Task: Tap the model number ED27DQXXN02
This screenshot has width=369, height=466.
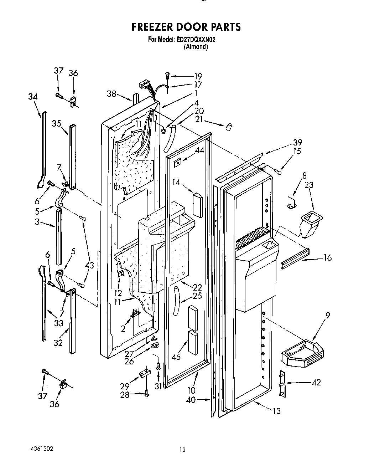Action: tap(196, 40)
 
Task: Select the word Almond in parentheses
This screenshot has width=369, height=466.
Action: tap(196, 47)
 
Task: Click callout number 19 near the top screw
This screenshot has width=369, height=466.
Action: tap(198, 76)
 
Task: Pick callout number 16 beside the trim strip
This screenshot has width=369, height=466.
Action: tap(327, 257)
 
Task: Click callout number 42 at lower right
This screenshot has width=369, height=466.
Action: tap(316, 382)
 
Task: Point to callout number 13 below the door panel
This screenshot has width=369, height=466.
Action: tap(276, 411)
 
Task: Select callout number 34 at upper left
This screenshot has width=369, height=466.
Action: tap(33, 97)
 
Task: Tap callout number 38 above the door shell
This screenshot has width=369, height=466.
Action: tap(111, 94)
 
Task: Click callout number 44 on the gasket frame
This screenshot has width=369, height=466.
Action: tap(199, 151)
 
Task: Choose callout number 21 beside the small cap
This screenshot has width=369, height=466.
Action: tap(199, 119)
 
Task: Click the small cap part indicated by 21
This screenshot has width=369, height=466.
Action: tap(230, 126)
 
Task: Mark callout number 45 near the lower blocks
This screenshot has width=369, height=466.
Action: tap(176, 356)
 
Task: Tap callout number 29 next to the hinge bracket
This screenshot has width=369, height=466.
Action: tap(124, 386)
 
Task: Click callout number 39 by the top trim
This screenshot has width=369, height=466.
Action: tap(297, 142)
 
